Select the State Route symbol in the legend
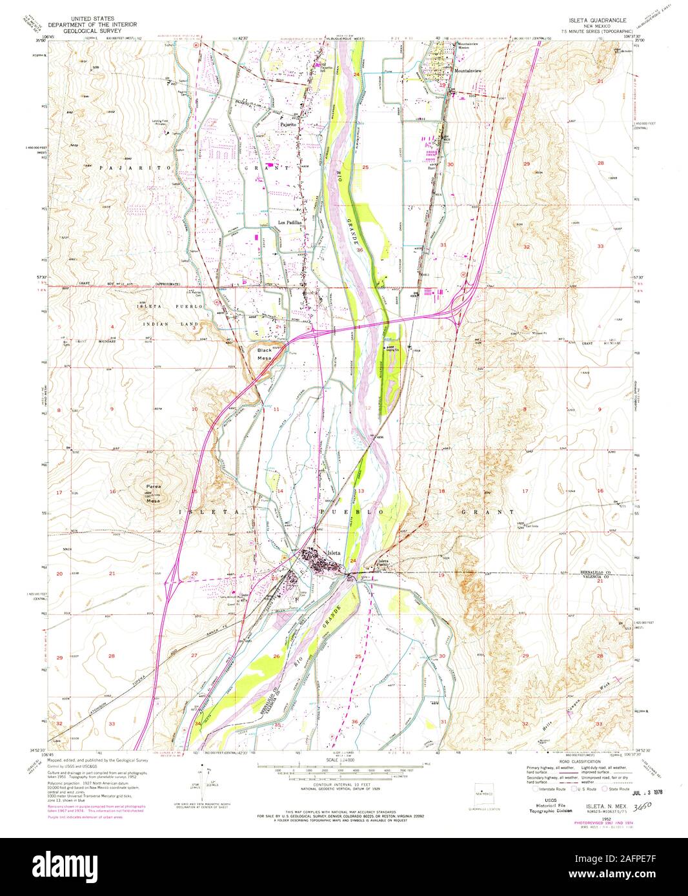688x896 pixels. (606, 788)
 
